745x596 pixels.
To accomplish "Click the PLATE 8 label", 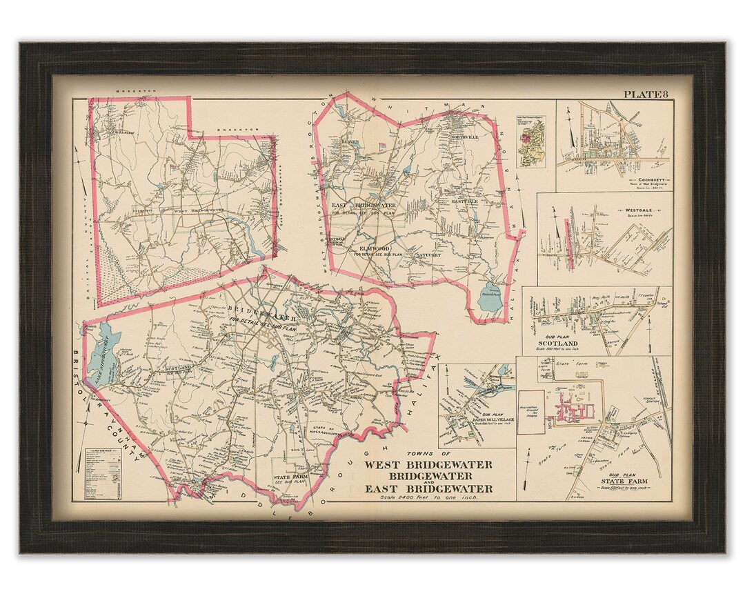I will tap(645, 95).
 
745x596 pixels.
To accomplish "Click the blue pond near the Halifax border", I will tap(490, 297).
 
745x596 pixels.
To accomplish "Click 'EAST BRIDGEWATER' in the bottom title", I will tap(428, 488).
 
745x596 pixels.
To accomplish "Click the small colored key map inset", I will tap(530, 137).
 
